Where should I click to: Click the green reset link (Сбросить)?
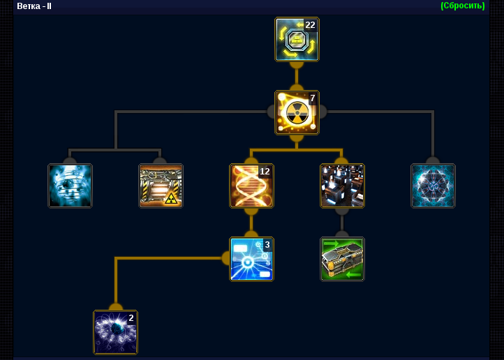(x=463, y=6)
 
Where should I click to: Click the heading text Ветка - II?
(x=34, y=6)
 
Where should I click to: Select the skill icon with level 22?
(x=297, y=39)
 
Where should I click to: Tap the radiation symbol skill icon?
(x=297, y=112)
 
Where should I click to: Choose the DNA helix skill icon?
(x=251, y=186)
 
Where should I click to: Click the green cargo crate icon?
(x=342, y=259)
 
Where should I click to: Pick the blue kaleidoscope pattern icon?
(x=433, y=186)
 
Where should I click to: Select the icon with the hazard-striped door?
(x=161, y=186)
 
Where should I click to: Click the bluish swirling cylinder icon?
(x=70, y=186)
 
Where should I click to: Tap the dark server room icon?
(x=342, y=186)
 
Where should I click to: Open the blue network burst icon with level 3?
(x=251, y=259)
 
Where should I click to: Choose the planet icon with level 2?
(x=115, y=332)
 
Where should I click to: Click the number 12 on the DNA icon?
(x=265, y=172)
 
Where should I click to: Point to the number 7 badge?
(x=313, y=98)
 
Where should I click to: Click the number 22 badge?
(x=310, y=24)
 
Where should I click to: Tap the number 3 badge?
(x=267, y=245)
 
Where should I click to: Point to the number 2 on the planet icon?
(x=131, y=318)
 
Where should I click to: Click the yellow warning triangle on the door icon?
(x=171, y=199)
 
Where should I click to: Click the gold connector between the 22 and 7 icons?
(x=297, y=76)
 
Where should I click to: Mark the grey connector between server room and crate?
(x=342, y=223)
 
